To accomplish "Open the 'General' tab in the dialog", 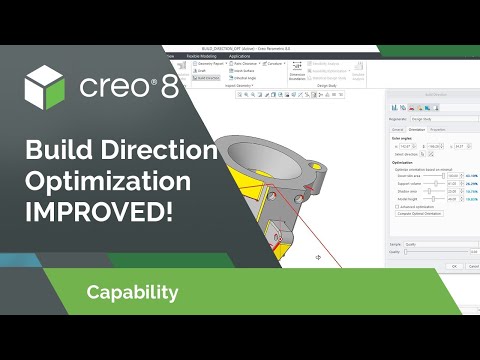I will point(397,129).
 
